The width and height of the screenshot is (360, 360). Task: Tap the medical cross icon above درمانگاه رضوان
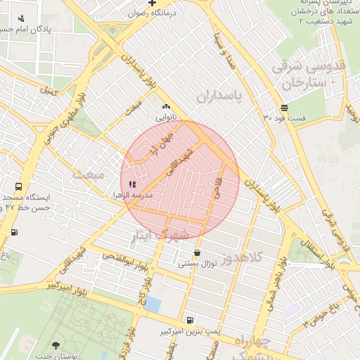[x=151, y=4]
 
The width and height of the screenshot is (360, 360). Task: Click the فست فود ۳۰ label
[x=285, y=117]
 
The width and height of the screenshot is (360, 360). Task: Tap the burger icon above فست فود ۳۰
[x=284, y=108]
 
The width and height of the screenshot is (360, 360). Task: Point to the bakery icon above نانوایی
[x=166, y=106]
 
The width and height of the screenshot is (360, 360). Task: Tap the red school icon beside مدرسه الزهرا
[x=133, y=184]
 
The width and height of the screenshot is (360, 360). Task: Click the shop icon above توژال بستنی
[x=196, y=252]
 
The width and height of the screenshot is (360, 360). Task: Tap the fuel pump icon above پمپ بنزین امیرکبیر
[x=189, y=320]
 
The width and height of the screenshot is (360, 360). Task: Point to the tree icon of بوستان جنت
[x=56, y=345]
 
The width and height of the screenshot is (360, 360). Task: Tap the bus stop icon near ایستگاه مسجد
[x=18, y=188]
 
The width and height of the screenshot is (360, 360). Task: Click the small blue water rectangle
[x=153, y=304]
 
